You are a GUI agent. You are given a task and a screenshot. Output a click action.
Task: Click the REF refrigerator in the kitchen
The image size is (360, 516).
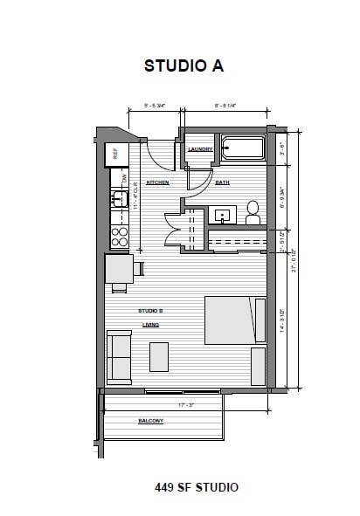click(x=113, y=155)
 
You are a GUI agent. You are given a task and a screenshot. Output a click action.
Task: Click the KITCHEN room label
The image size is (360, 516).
click(x=157, y=182)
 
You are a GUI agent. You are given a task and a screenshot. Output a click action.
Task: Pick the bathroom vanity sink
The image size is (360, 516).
click(x=223, y=214)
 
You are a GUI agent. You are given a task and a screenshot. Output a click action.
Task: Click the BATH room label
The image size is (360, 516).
click(x=222, y=182)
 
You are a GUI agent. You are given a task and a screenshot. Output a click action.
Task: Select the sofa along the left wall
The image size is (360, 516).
click(x=118, y=358)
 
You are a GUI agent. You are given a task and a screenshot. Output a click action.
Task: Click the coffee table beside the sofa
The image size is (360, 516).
click(x=159, y=356)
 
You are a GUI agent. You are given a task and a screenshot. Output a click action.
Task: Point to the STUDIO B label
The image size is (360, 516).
click(x=150, y=310)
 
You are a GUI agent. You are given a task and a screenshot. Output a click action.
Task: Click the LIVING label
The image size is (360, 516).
click(x=150, y=324)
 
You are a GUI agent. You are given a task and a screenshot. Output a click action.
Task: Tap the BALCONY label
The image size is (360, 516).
click(x=151, y=421)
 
